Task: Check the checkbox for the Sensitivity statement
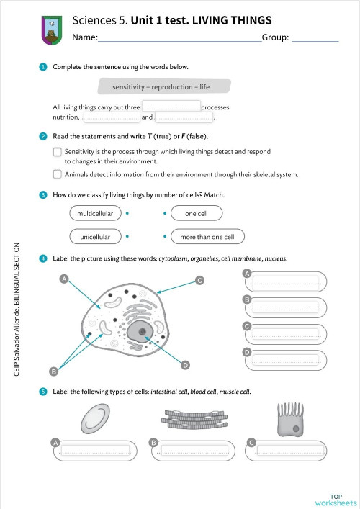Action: (x=58, y=153)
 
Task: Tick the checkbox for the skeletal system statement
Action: (x=58, y=174)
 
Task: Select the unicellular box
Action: (x=95, y=236)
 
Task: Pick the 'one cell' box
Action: (x=196, y=213)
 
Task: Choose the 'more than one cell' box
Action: (x=207, y=236)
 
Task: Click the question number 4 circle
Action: (x=43, y=258)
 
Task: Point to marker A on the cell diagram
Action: (x=64, y=279)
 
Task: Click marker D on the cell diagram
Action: (x=185, y=366)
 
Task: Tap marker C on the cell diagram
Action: (x=199, y=280)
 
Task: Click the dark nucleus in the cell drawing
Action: (x=144, y=333)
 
